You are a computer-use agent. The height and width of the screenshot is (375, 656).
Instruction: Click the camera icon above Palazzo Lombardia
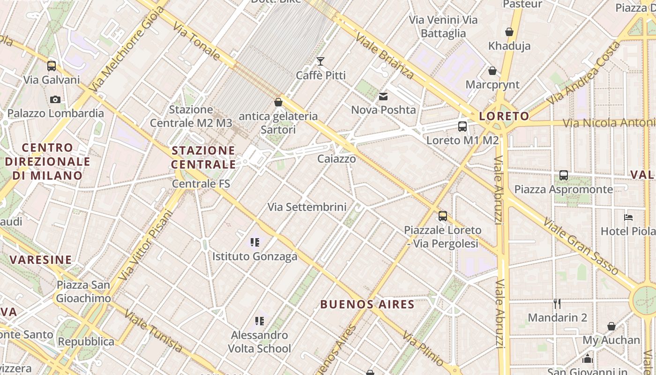[55, 99]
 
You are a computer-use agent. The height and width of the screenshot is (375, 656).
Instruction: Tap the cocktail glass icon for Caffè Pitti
[321, 61]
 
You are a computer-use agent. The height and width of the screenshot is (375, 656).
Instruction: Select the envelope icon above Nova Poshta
[383, 97]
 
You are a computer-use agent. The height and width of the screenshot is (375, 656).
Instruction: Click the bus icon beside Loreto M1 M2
[462, 126]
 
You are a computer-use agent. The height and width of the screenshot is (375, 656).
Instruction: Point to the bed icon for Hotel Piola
[628, 217]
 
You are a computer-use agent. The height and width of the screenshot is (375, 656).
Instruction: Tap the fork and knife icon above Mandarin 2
[557, 303]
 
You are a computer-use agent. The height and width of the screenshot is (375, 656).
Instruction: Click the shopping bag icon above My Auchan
[611, 326]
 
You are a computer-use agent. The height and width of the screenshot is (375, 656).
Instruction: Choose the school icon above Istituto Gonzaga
[255, 242]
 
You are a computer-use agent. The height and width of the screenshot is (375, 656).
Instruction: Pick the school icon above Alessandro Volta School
[260, 321]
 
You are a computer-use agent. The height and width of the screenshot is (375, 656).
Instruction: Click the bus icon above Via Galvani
[52, 66]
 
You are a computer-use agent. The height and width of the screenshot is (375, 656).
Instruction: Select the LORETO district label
[504, 116]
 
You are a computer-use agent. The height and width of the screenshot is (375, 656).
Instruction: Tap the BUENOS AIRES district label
[367, 304]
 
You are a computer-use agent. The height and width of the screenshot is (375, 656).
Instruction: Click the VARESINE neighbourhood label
[41, 260]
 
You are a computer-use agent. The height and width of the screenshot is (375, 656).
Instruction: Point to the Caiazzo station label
[336, 159]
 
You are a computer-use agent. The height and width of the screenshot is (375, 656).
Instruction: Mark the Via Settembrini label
[307, 207]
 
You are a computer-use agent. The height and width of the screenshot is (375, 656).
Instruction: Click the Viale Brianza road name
[385, 55]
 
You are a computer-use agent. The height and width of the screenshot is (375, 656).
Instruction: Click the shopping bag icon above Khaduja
[509, 32]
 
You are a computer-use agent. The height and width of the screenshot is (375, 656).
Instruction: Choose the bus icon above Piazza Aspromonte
[564, 175]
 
